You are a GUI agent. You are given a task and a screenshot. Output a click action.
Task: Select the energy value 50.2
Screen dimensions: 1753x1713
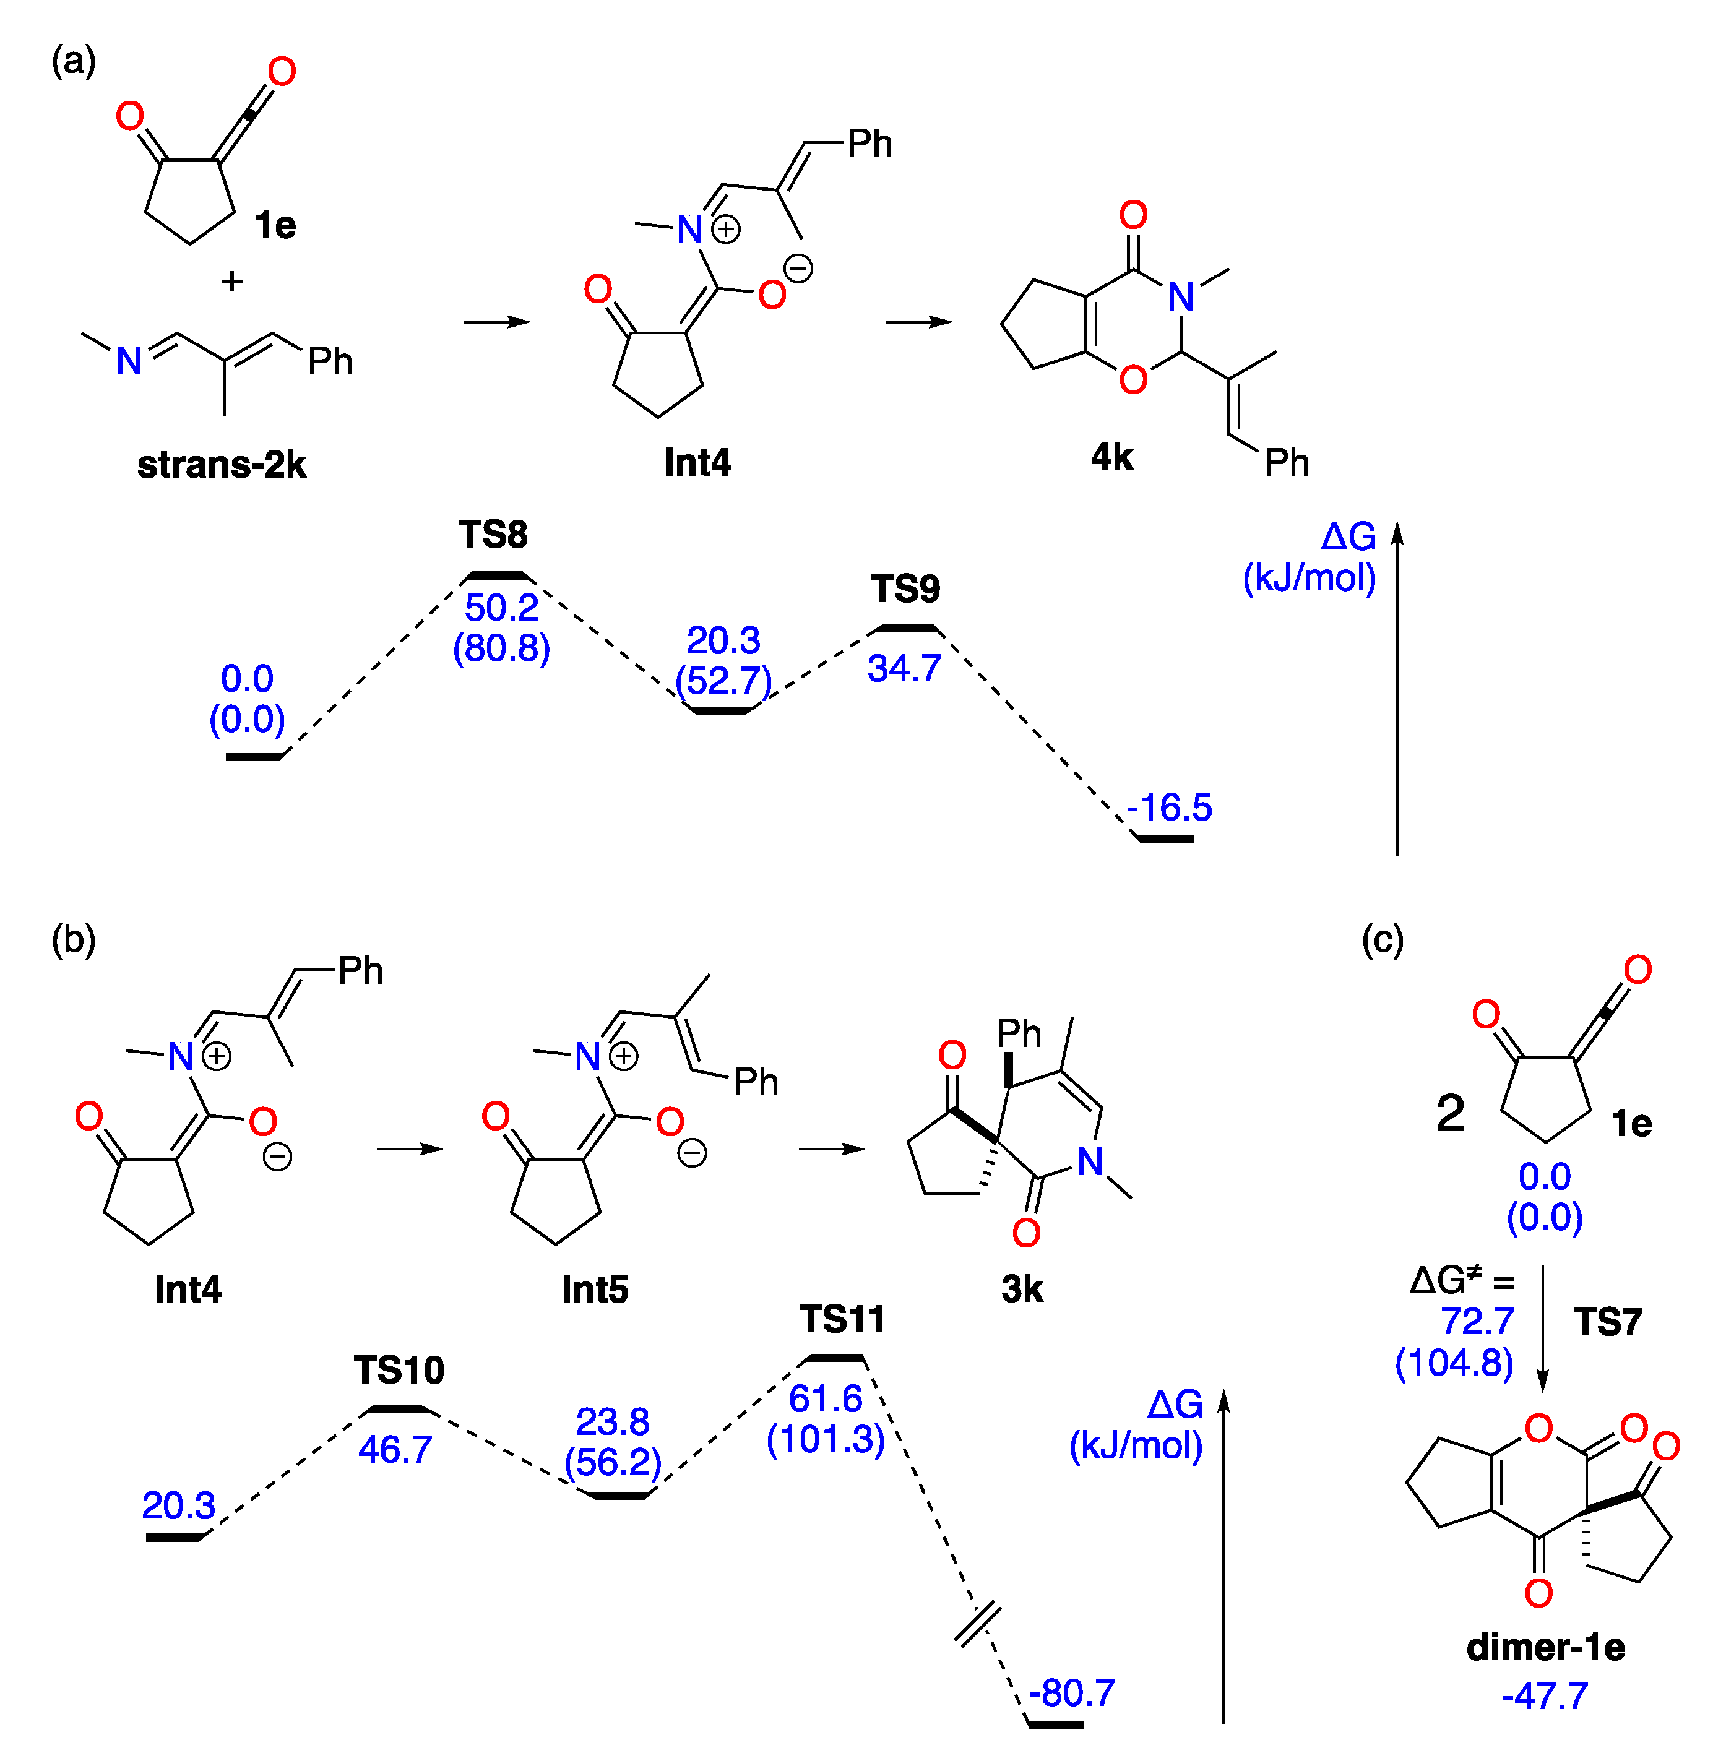click(x=501, y=608)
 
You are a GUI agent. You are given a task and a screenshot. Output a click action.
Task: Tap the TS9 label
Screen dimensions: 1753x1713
click(x=905, y=589)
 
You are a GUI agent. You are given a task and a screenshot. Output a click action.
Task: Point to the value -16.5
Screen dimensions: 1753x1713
click(x=1168, y=808)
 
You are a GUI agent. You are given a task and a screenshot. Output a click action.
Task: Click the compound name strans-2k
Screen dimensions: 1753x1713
click(x=222, y=465)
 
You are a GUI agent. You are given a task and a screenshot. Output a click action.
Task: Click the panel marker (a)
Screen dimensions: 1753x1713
click(x=74, y=61)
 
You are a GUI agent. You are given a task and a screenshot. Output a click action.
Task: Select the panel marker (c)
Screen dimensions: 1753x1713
click(x=1382, y=940)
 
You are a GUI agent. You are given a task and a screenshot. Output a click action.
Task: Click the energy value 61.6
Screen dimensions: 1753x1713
click(x=825, y=1398)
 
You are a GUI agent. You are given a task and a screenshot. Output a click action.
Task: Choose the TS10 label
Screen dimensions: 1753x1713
click(x=399, y=1370)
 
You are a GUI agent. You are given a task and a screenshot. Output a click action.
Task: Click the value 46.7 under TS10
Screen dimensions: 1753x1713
click(x=395, y=1449)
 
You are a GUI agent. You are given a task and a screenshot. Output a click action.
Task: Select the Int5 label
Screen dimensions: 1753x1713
click(x=595, y=1289)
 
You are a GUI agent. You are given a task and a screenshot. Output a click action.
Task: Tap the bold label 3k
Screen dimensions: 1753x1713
click(x=1021, y=1289)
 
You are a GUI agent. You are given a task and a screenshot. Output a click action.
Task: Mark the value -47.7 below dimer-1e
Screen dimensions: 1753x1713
click(x=1545, y=1696)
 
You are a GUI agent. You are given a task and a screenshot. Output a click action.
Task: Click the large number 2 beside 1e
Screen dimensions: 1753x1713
click(x=1450, y=1114)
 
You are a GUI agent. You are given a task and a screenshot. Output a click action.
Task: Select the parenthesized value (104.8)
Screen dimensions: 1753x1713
click(x=1454, y=1363)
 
